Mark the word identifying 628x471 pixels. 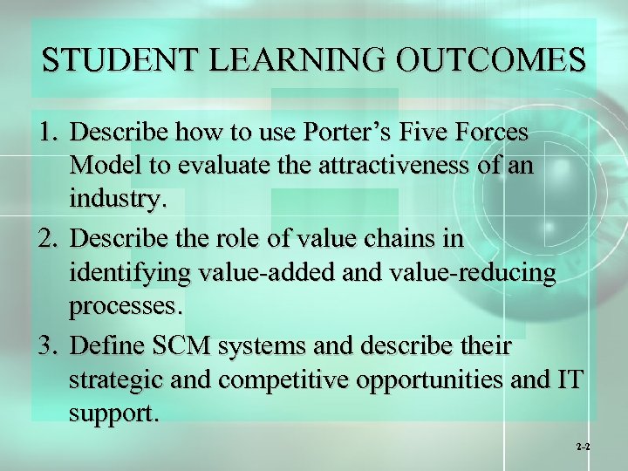(130, 274)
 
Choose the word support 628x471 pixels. (113, 415)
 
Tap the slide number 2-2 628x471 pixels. (583, 446)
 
